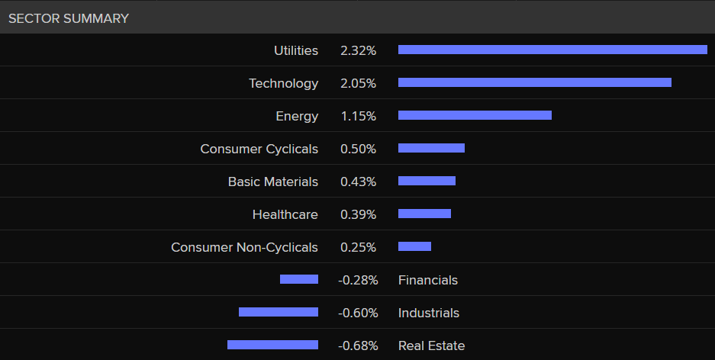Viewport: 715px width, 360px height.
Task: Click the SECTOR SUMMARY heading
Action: point(69,18)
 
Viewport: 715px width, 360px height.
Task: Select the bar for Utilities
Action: point(552,50)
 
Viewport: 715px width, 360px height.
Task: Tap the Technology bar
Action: point(534,82)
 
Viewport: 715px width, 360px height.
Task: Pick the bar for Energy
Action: point(475,115)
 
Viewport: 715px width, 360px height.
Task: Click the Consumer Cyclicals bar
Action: point(431,148)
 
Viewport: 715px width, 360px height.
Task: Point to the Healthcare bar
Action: point(424,214)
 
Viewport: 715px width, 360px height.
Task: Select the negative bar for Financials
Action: point(299,279)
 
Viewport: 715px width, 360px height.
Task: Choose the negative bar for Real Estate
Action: point(272,345)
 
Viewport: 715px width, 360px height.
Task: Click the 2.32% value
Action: point(358,51)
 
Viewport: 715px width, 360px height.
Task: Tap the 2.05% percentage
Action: point(358,84)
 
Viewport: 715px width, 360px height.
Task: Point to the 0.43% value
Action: point(358,182)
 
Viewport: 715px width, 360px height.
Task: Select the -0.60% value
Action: point(358,313)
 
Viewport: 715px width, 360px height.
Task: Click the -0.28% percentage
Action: point(358,281)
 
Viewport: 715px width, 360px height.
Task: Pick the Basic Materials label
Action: point(272,182)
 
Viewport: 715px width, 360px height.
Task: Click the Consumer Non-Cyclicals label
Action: point(244,248)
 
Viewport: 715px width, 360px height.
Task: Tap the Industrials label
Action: point(429,313)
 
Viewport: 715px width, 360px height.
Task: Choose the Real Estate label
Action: point(431,346)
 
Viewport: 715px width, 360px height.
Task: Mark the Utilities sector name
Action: point(296,51)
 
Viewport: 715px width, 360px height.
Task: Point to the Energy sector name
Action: point(297,117)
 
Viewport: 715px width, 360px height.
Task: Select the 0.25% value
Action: point(358,248)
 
